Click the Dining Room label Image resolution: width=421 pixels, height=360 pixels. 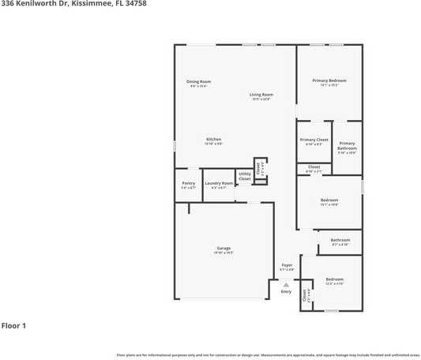198,81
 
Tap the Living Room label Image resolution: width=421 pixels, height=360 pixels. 261,95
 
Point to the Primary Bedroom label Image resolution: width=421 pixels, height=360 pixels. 329,81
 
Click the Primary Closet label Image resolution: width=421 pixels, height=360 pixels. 314,140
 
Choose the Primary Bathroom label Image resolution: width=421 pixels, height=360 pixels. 348,146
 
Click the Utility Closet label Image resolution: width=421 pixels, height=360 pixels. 245,177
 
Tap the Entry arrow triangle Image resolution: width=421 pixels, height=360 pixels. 286,284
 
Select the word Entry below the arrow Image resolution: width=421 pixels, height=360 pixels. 286,291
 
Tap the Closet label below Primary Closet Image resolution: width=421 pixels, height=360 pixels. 314,167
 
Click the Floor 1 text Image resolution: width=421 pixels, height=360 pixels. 13,325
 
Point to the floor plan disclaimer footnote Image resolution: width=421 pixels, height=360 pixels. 269,355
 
